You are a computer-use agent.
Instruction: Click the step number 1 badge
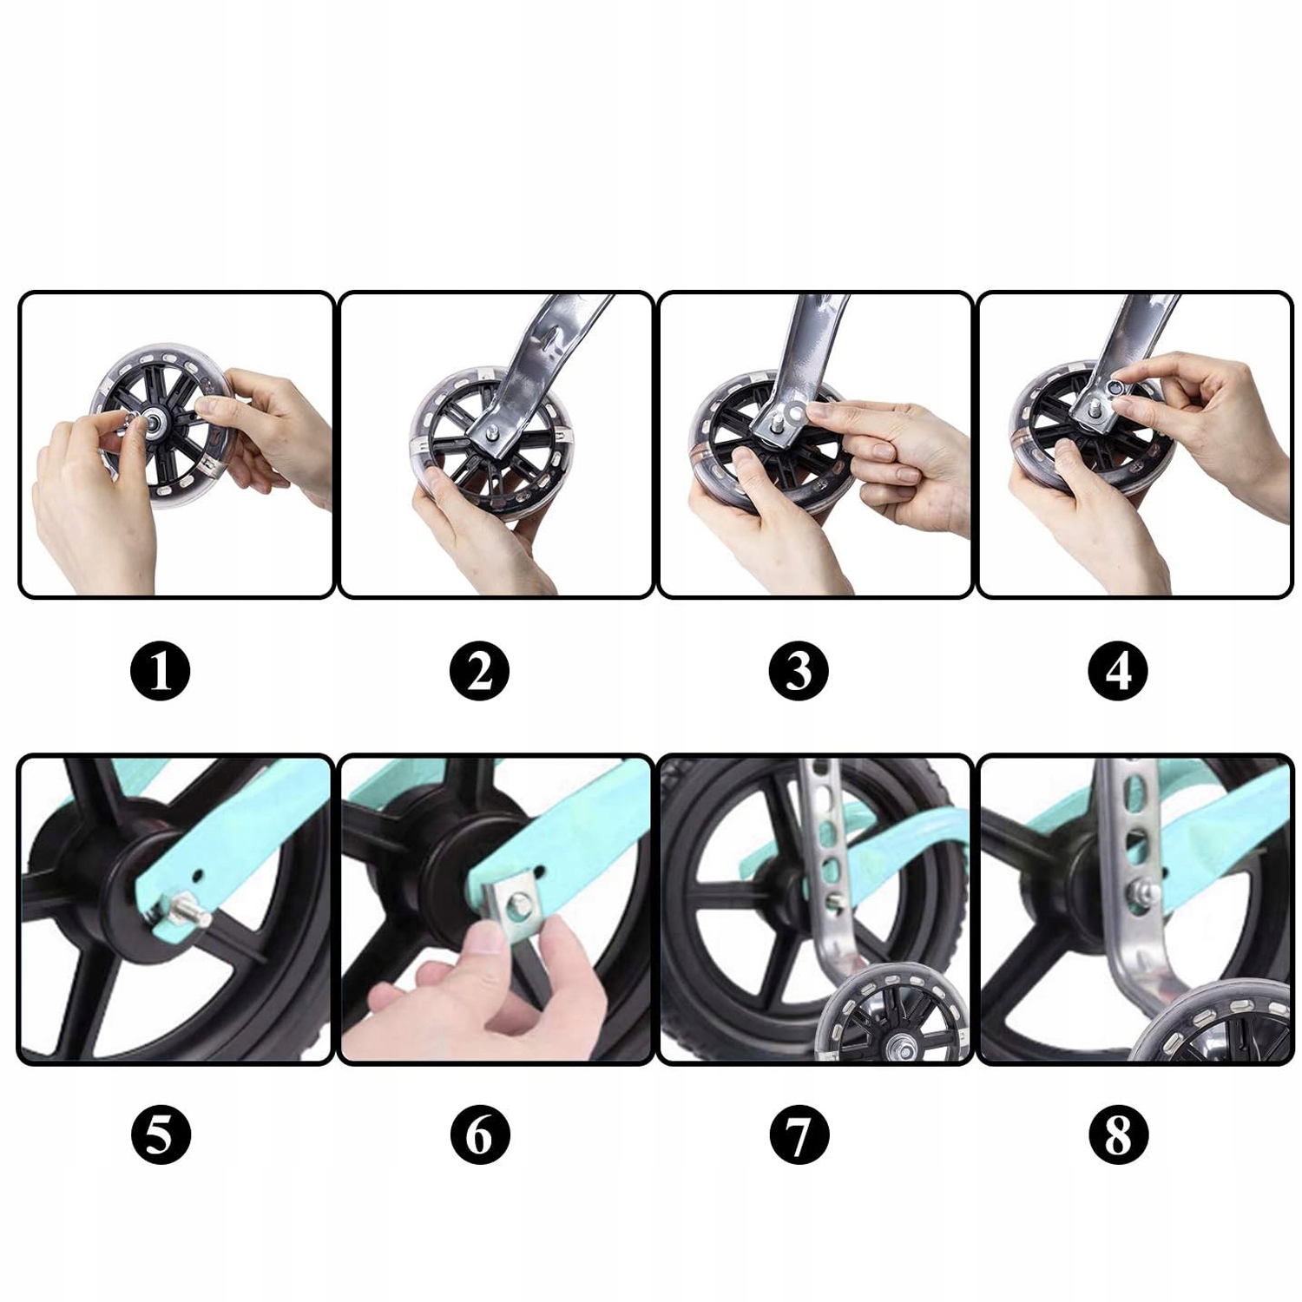click(161, 671)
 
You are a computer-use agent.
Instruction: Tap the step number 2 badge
click(480, 671)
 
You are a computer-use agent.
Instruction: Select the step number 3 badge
click(799, 671)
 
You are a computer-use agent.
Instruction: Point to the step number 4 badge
click(1119, 671)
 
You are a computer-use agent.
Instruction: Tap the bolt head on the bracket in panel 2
click(493, 429)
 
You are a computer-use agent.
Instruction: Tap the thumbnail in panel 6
click(492, 942)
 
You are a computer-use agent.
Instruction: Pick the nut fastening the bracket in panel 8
click(1141, 892)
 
